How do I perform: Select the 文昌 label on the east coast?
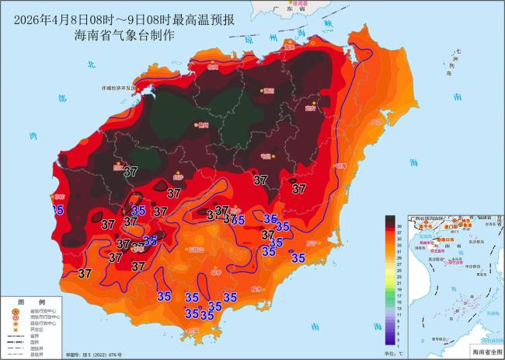pyautogui.click(x=378, y=122)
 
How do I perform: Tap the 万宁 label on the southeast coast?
pyautogui.click(x=312, y=243)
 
